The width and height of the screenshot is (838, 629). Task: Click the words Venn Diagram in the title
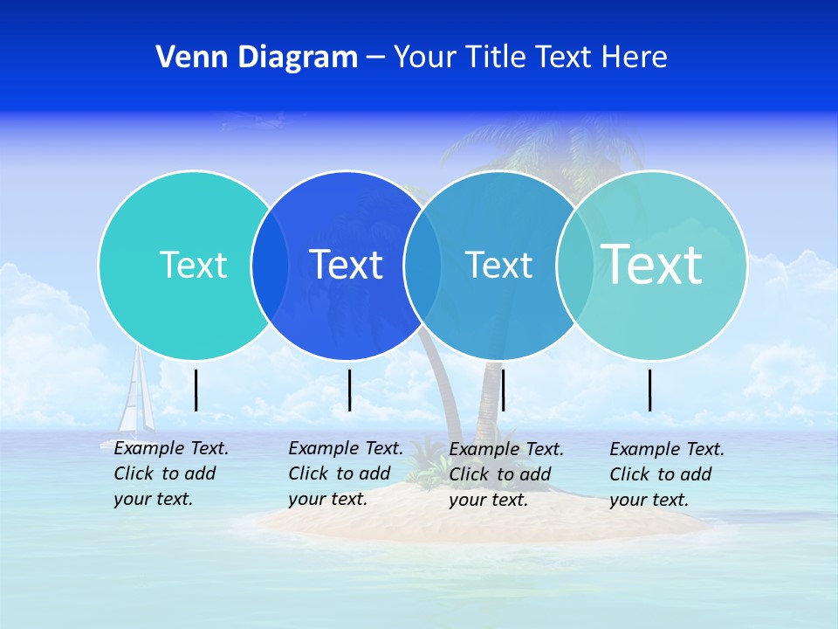click(257, 58)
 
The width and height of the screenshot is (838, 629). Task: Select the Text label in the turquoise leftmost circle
click(193, 265)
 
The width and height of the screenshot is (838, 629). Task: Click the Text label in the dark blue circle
click(346, 265)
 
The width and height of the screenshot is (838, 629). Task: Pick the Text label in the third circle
click(498, 265)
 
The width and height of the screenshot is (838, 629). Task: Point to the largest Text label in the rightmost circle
click(651, 264)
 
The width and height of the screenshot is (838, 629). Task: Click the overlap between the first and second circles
click(270, 265)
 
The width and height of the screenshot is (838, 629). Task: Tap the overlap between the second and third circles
click(422, 265)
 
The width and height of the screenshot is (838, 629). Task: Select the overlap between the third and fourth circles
click(575, 265)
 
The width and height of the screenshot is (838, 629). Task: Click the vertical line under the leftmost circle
click(196, 390)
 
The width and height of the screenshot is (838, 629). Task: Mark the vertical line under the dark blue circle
click(349, 390)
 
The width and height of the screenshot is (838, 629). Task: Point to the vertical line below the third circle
click(503, 390)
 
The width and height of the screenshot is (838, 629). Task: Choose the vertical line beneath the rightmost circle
click(650, 390)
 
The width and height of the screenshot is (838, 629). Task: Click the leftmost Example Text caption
click(170, 473)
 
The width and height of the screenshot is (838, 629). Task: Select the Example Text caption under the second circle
click(345, 473)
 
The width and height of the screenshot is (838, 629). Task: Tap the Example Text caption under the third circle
click(505, 474)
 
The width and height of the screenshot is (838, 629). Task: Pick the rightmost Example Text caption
click(666, 474)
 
